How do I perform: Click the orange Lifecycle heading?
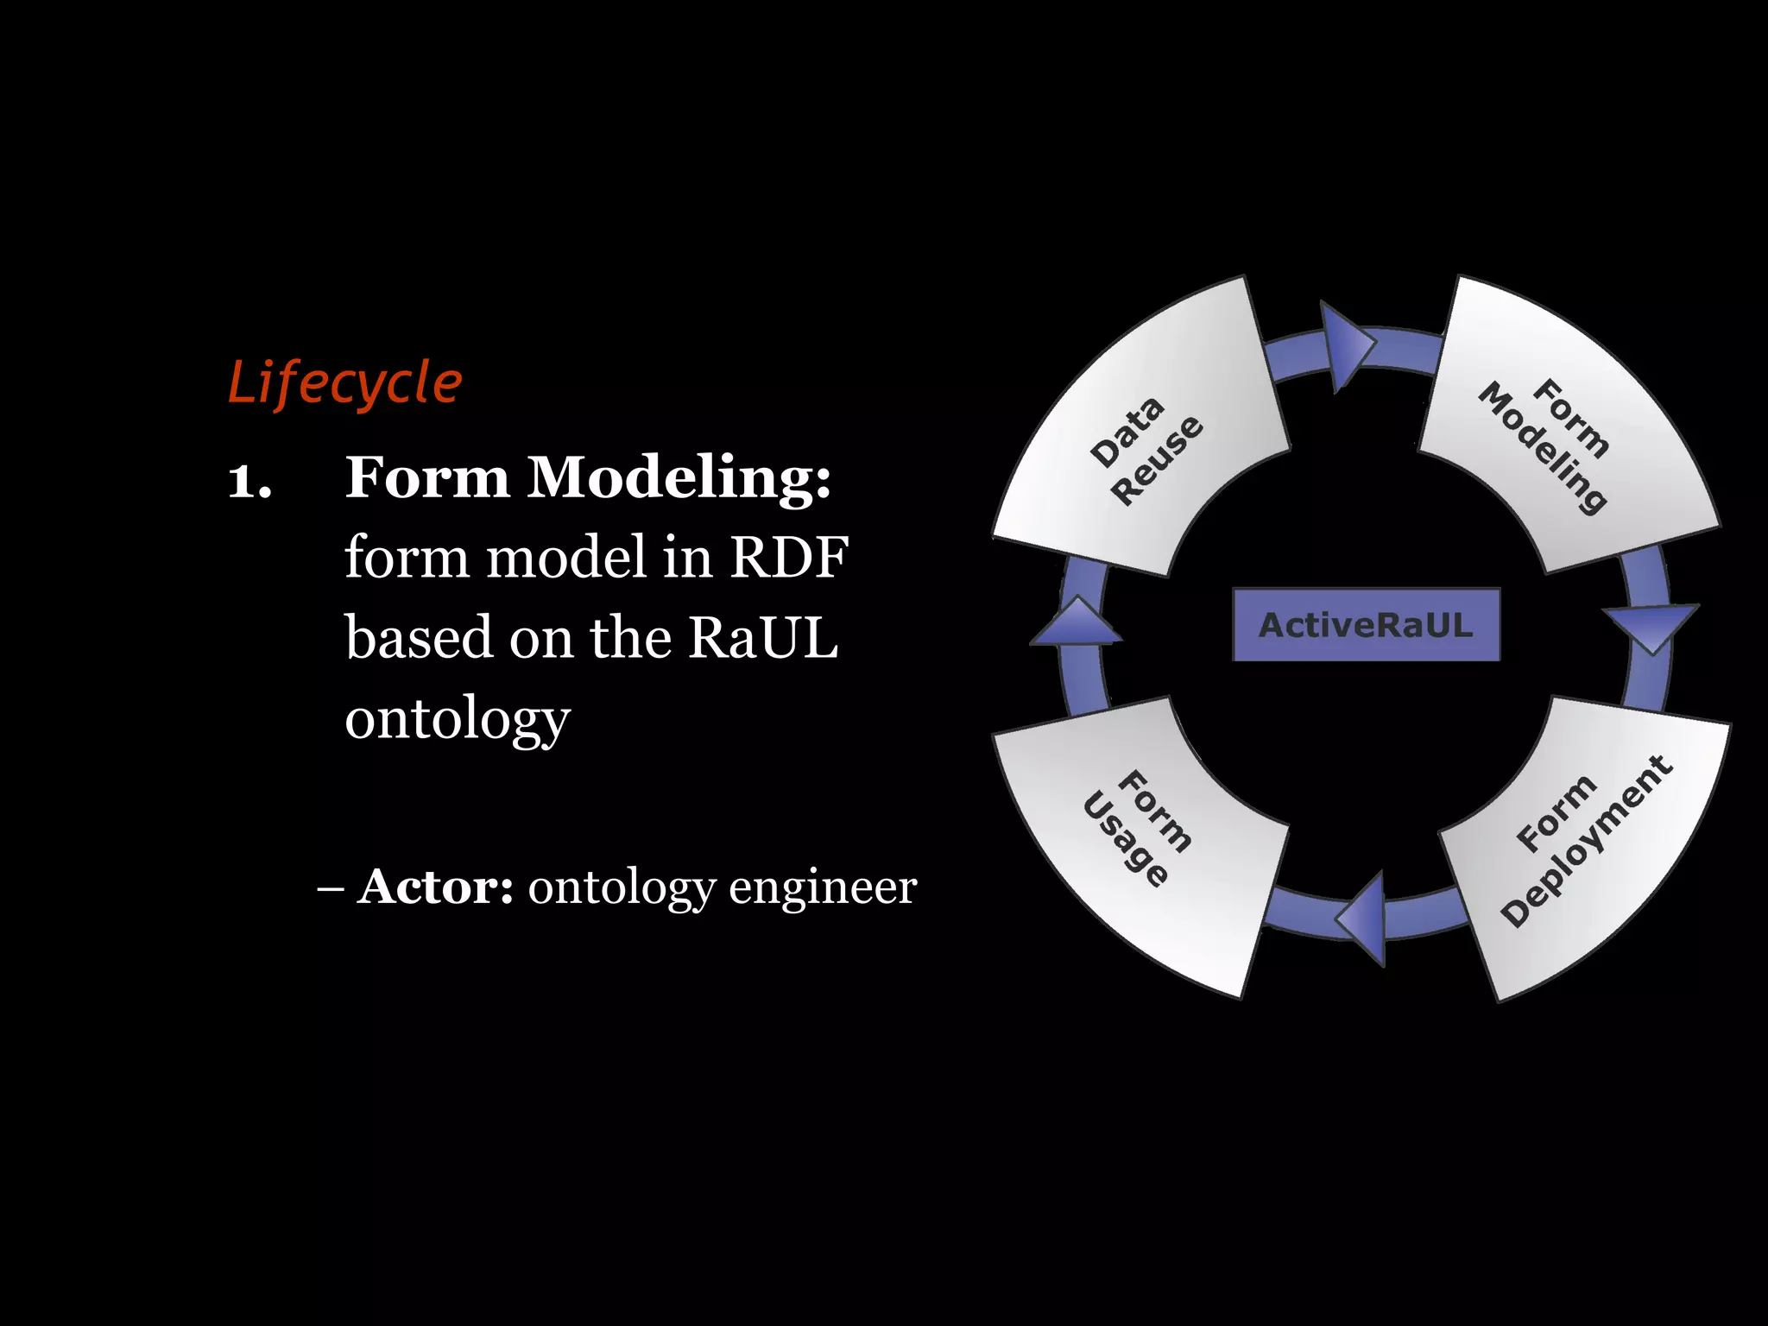coord(345,382)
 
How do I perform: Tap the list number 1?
coord(249,479)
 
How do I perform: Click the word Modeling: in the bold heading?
coord(679,477)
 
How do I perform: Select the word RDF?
coord(789,558)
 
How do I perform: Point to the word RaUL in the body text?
coord(762,638)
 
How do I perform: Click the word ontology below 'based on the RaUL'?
coord(458,718)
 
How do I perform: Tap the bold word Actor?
coord(436,887)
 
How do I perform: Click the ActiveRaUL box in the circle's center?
coord(1366,625)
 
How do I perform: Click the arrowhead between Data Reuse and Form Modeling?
coord(1347,346)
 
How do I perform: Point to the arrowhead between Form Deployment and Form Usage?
coord(1364,918)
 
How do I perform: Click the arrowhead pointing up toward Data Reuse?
coord(1077,622)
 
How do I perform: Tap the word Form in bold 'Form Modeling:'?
coord(427,477)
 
